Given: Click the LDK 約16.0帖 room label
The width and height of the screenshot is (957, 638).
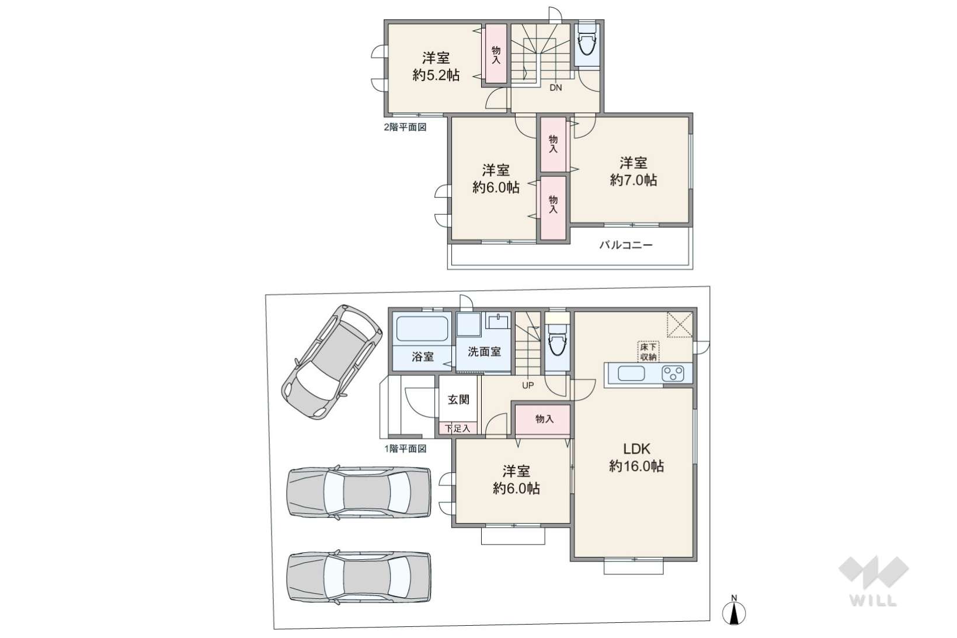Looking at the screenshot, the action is (636, 457).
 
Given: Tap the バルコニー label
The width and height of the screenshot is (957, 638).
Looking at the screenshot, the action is (626, 245).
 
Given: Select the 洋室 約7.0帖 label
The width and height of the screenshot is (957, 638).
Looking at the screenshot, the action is (634, 171).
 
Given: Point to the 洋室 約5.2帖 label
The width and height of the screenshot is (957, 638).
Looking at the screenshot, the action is (436, 66).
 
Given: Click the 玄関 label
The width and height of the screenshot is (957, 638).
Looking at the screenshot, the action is (458, 400).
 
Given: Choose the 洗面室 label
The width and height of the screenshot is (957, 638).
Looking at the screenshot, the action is (484, 352).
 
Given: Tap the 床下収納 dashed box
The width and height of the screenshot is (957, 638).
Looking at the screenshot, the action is (648, 351).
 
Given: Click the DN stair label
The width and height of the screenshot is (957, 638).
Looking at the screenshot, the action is (555, 88).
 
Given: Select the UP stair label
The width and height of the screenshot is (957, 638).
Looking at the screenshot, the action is (528, 385).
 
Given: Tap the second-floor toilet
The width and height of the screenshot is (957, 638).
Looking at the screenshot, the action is (587, 44).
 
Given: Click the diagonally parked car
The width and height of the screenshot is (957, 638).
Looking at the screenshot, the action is (332, 362).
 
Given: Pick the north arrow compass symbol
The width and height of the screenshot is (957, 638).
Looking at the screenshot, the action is (734, 612).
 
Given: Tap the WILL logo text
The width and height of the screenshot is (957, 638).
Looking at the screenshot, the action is (873, 601).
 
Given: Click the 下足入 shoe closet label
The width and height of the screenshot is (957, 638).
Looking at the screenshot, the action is (457, 428).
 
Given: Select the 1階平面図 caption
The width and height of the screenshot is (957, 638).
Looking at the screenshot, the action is (405, 449).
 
